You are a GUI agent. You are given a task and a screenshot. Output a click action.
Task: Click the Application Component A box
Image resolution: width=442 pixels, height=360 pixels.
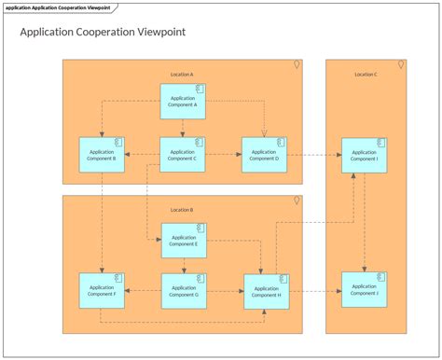pos(183,102)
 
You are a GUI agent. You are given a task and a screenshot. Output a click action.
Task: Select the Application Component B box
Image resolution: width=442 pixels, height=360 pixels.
pos(103,154)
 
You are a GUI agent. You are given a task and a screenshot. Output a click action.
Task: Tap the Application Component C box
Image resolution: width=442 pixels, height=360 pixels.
pos(183,154)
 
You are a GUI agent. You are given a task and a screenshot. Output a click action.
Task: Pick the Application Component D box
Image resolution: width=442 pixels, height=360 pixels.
pos(264,154)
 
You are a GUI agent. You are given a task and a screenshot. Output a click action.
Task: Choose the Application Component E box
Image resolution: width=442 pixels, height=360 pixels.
pos(184,240)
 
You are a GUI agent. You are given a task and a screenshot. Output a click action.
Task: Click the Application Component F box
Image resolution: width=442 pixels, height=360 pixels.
pos(103,291)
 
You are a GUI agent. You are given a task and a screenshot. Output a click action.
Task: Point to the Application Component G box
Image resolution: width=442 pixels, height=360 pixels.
pos(184,291)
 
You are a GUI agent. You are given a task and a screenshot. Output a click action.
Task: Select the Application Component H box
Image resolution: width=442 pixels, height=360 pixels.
pos(266,291)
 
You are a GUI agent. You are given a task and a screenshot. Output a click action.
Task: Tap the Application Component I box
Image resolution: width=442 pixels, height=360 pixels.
pos(364,155)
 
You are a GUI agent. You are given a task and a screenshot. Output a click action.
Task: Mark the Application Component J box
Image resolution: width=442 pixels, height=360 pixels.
pos(364,289)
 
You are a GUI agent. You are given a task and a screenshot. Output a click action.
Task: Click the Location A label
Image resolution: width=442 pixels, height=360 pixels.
pos(182,74)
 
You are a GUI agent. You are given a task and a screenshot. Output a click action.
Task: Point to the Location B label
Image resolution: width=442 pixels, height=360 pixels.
pos(182,210)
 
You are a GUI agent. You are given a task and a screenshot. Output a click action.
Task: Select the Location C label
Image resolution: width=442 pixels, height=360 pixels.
pos(366,74)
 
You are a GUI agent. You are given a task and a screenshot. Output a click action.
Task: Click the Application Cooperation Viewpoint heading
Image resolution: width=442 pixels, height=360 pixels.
pos(103,32)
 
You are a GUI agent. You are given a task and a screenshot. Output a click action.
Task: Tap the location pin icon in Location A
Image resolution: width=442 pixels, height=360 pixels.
pos(296,65)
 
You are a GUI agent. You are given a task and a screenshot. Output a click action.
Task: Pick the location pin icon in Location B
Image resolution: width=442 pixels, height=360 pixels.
pos(296,201)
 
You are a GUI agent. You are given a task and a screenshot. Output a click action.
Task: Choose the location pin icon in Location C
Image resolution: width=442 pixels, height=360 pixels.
pos(401,65)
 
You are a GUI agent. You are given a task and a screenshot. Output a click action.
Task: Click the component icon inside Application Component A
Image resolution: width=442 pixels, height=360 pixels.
pos(199,90)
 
